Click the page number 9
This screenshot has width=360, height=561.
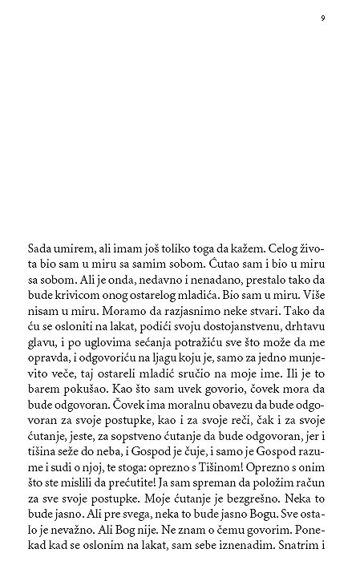click(x=322, y=18)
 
